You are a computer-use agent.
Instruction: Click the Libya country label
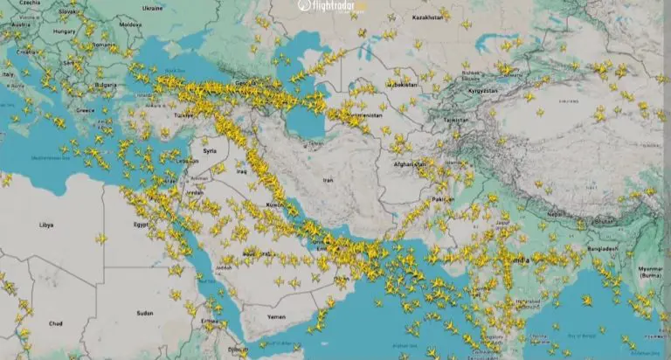pos(45,225)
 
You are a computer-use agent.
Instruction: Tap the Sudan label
pos(144,312)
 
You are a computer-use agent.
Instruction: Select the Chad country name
pos(31,323)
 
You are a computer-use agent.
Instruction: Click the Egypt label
pos(141,225)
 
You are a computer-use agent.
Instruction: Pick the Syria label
pos(210,150)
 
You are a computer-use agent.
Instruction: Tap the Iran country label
pos(329,180)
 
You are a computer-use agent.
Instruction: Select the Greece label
pos(86,111)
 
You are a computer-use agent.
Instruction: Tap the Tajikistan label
pos(455,119)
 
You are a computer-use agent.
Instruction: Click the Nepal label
pos(555,214)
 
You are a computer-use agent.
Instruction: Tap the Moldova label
pos(130,25)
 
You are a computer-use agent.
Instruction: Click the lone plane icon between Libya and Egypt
pos(101,237)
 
